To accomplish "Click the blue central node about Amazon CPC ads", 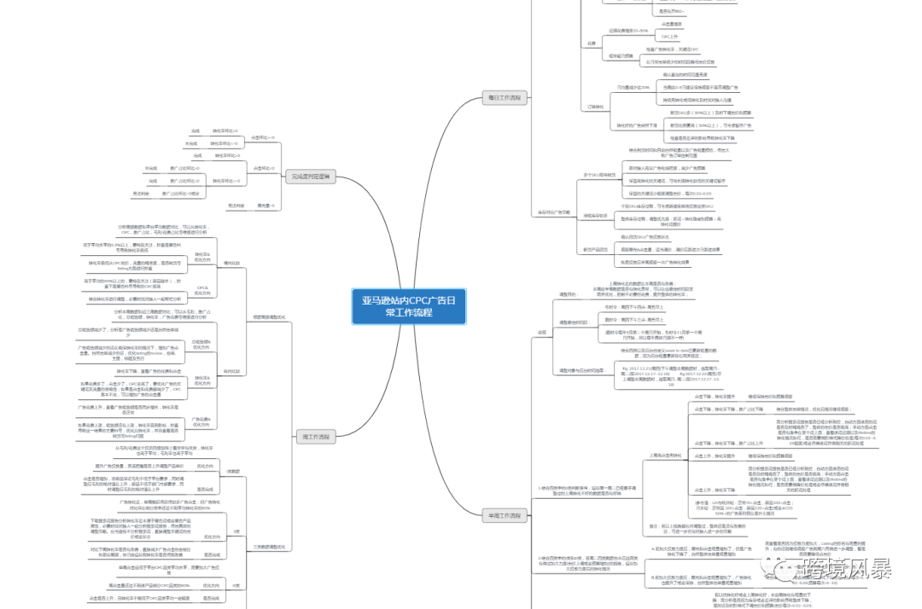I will pyautogui.click(x=409, y=306).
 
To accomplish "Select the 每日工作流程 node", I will pyautogui.click(x=503, y=98).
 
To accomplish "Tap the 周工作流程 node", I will pyautogui.click(x=314, y=436).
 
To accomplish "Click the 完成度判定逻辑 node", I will pyautogui.click(x=308, y=176).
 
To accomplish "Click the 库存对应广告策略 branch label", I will pyautogui.click(x=554, y=212).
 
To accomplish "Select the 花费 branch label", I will pyautogui.click(x=592, y=43).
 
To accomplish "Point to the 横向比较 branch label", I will pyautogui.click(x=231, y=263).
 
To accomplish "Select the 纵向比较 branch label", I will pyautogui.click(x=231, y=371).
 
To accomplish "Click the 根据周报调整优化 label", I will pyautogui.click(x=269, y=316).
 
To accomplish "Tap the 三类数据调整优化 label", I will pyautogui.click(x=269, y=546).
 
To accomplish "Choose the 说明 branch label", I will pyautogui.click(x=541, y=331).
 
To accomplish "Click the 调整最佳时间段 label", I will pyautogui.click(x=573, y=322).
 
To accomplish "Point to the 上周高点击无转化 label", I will pyautogui.click(x=665, y=455).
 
